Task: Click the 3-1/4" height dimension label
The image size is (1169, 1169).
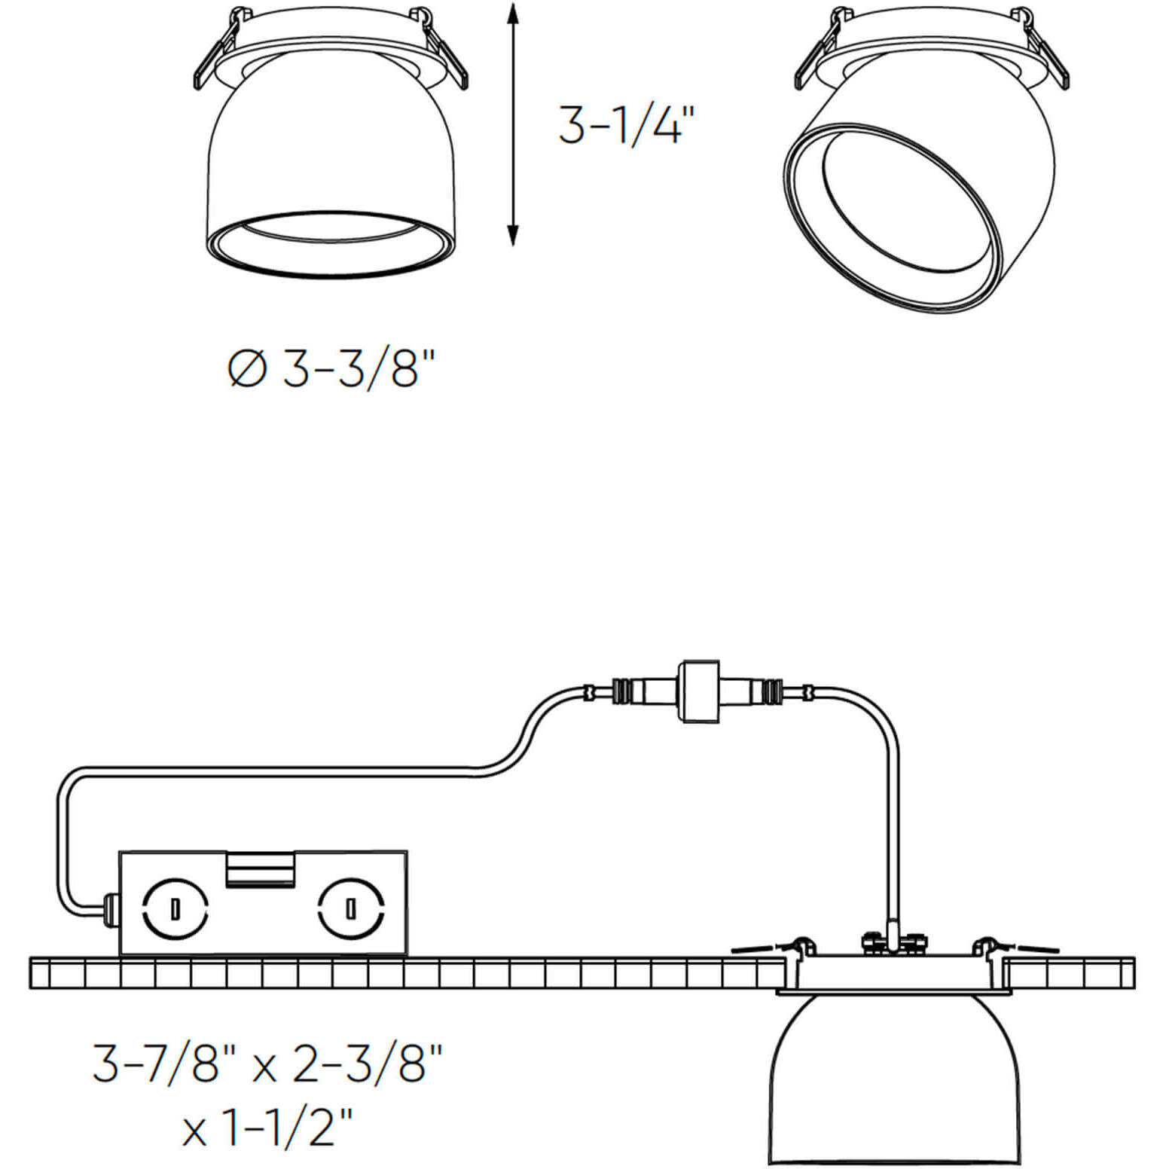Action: [x=624, y=125]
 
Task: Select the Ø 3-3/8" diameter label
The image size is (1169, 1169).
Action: [x=331, y=369]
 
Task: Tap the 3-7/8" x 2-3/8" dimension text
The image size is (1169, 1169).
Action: [x=267, y=1063]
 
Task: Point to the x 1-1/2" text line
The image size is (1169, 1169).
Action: [x=267, y=1128]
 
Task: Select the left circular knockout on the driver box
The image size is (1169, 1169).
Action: [x=176, y=908]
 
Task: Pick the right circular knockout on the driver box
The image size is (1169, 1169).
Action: [x=351, y=908]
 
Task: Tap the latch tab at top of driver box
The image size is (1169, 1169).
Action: [x=260, y=869]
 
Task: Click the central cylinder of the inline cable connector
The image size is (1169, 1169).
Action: [x=700, y=691]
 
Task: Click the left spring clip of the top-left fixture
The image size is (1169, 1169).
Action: [x=215, y=56]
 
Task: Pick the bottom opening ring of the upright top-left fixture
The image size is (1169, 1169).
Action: [x=331, y=243]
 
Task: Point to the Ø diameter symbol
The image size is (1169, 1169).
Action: [x=247, y=369]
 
